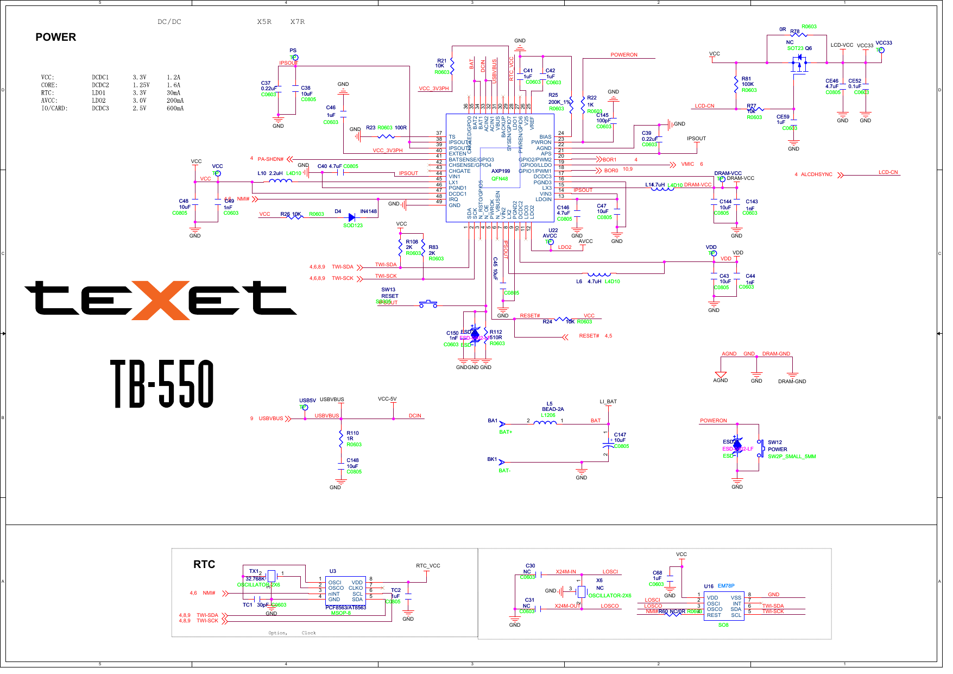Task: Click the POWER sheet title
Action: pyautogui.click(x=55, y=37)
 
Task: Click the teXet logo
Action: pyautogui.click(x=160, y=299)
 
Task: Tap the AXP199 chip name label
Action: pyautogui.click(x=500, y=171)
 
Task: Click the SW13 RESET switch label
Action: pyautogui.click(x=389, y=293)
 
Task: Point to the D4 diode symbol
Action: pyautogui.click(x=351, y=217)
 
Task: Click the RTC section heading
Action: pyautogui.click(x=204, y=564)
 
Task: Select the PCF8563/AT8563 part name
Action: pyautogui.click(x=345, y=608)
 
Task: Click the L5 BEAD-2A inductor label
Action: pyautogui.click(x=552, y=407)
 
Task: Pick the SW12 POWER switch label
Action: pyautogui.click(x=777, y=446)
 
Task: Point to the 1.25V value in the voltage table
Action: pyautogui.click(x=141, y=85)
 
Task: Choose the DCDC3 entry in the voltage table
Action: pyautogui.click(x=100, y=108)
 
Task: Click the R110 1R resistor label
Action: pyautogui.click(x=352, y=436)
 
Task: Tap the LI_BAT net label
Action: pyautogui.click(x=608, y=402)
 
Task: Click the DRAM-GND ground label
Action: pyautogui.click(x=792, y=382)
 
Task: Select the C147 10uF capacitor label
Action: pyautogui.click(x=620, y=438)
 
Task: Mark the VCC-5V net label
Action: pyautogui.click(x=387, y=399)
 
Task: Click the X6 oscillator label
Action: pyautogui.click(x=599, y=581)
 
